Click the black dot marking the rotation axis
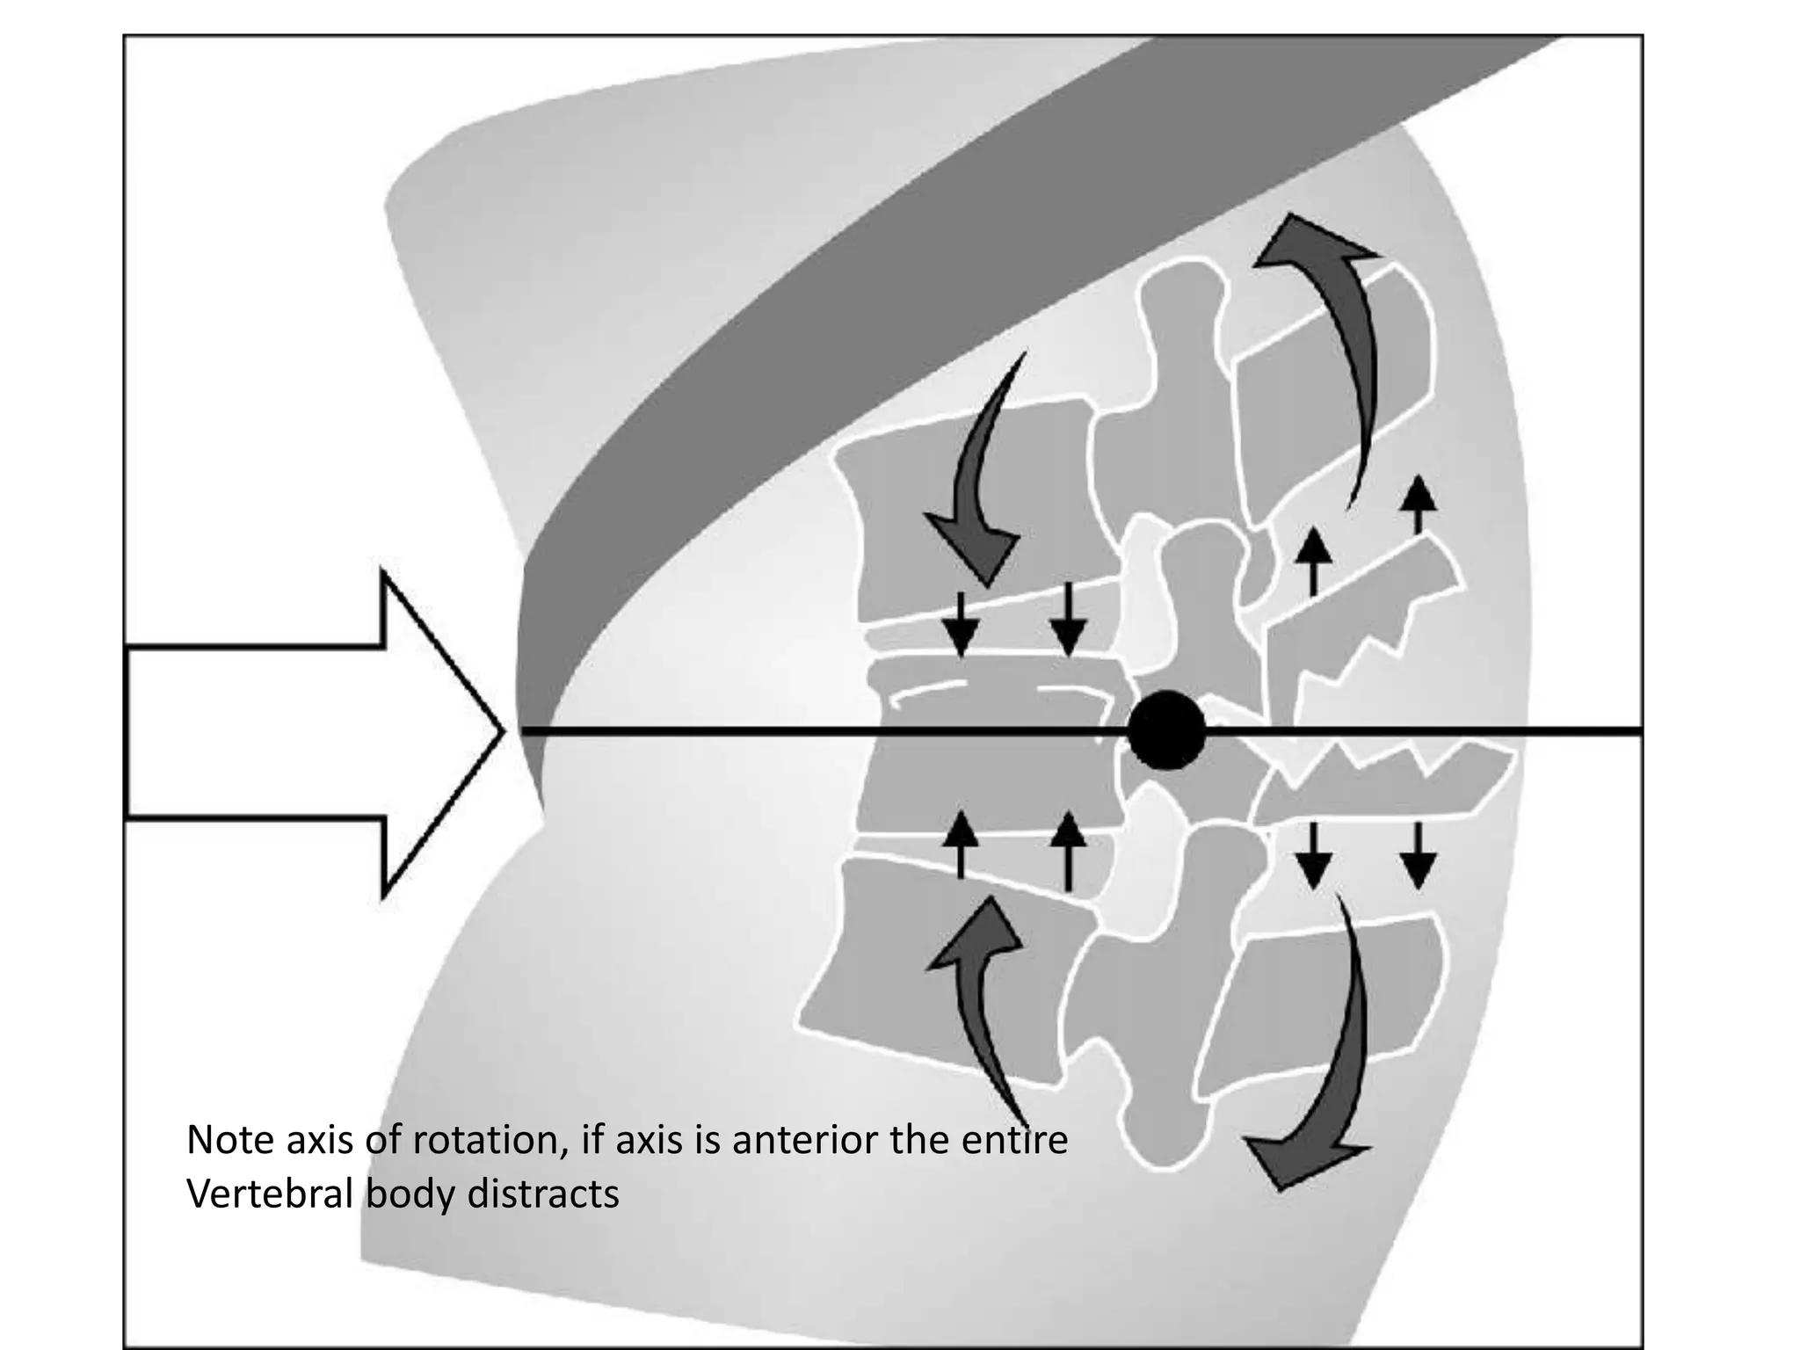tap(1166, 730)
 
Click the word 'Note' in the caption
tap(229, 1141)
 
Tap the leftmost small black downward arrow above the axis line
tap(961, 625)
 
